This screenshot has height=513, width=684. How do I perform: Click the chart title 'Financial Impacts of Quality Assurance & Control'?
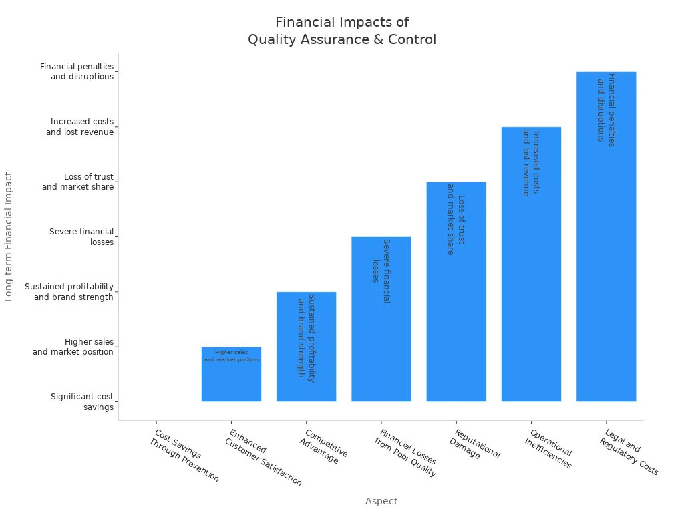(342, 31)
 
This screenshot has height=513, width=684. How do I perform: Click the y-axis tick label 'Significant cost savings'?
(82, 402)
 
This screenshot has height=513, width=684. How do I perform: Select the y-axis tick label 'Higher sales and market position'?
(73, 347)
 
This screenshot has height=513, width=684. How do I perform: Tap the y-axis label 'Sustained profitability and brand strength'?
(69, 292)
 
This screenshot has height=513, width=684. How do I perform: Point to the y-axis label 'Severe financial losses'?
(81, 237)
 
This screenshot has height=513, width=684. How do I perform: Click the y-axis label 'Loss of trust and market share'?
(78, 182)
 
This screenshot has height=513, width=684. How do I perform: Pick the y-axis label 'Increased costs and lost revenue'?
(80, 127)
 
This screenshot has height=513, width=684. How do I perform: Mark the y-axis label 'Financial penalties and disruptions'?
(77, 71)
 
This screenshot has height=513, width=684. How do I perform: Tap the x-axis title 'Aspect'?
(381, 501)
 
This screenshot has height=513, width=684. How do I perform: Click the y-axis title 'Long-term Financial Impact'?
(9, 236)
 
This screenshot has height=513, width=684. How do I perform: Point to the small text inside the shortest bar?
(231, 355)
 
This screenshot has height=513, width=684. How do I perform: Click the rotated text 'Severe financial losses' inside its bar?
(381, 270)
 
